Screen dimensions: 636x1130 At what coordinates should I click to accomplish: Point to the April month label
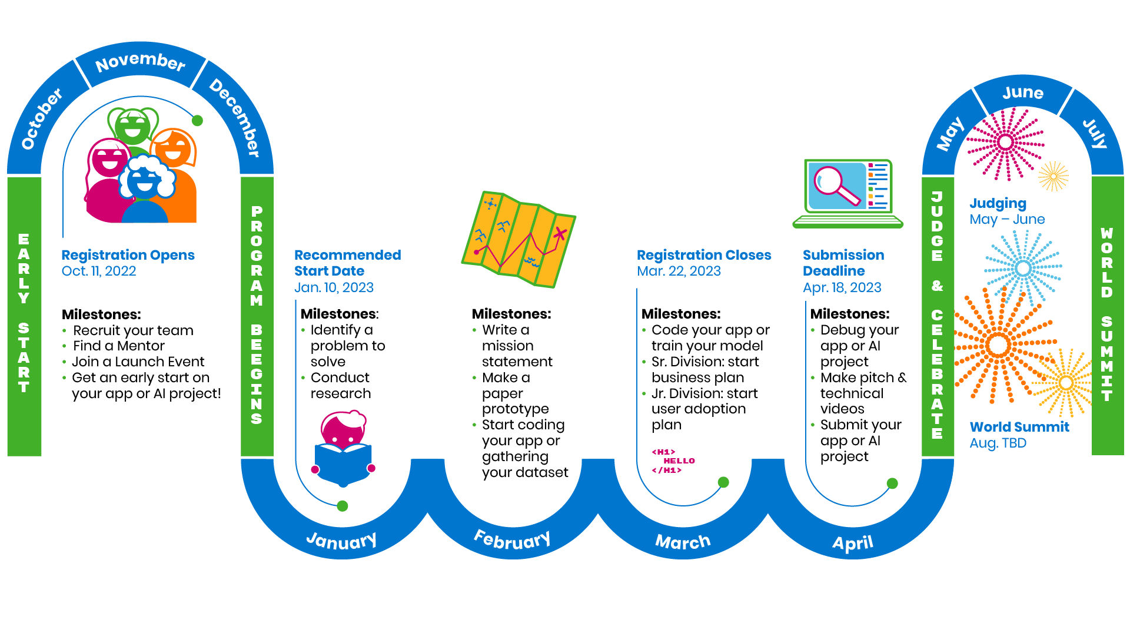(852, 542)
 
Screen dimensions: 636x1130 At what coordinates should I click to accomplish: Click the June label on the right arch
(1023, 93)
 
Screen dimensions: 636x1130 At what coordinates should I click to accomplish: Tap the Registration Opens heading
(128, 255)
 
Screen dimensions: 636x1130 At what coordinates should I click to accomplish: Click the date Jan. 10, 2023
(334, 287)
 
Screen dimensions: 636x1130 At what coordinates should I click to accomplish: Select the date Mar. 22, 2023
(679, 271)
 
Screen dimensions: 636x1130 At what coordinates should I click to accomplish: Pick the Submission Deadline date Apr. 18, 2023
(842, 287)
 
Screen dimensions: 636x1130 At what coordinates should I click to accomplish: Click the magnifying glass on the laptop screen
(835, 184)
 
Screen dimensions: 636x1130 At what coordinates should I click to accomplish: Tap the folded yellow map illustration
(518, 238)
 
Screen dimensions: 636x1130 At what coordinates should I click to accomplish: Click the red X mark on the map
(560, 234)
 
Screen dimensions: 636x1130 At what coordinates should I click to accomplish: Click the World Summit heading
(1019, 427)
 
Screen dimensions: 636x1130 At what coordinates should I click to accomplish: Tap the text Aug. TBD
(998, 443)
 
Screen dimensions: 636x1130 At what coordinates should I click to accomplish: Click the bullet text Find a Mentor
(118, 346)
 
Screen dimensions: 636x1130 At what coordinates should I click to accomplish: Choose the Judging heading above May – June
(998, 204)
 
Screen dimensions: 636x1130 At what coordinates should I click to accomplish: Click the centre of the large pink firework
(1005, 142)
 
